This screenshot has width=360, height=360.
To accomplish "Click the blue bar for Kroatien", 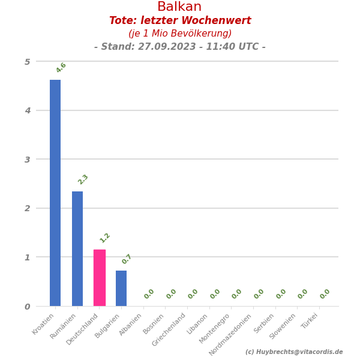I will pos(55,193).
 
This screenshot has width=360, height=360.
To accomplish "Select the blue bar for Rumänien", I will pos(77,248).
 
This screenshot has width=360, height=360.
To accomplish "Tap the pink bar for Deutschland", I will pos(100,278).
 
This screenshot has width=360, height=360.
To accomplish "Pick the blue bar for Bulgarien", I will pos(121,288).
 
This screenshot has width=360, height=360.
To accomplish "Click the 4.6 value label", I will pos(61,68).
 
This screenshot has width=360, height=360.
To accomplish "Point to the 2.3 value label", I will pos(83,179).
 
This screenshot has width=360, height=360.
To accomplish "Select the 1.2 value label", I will pos(105,238).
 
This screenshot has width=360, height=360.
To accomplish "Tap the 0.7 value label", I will pos(127,259).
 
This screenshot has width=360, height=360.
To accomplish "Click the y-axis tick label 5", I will pos(27,62).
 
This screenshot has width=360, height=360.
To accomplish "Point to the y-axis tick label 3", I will pos(27,160).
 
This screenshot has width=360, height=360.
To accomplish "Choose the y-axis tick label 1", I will pos(27,257).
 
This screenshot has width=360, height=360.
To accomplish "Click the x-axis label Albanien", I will pos(131,325).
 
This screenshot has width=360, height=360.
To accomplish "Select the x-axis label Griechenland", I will pos(170,329).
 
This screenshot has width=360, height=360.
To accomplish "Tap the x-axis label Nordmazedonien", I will pos(231,334).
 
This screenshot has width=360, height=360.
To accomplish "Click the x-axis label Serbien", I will pos(265,323).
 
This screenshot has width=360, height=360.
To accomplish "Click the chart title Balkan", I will pos(179,7).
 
